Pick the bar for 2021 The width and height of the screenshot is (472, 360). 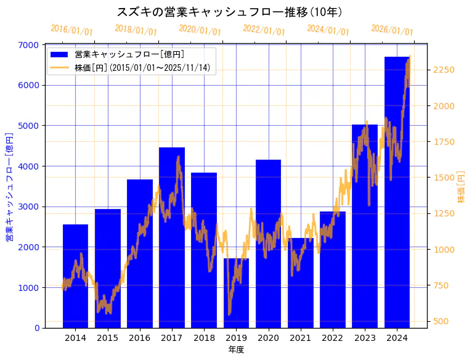(x=300, y=283)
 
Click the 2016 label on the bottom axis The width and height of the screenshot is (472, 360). (x=140, y=338)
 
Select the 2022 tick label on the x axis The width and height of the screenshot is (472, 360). (x=333, y=338)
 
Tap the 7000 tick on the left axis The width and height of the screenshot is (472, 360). (x=32, y=45)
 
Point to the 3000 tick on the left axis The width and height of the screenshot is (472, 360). (x=32, y=207)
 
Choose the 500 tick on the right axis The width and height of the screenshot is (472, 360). (x=441, y=321)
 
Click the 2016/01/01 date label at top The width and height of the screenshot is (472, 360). (x=72, y=30)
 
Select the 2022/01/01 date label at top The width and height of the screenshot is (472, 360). (x=264, y=30)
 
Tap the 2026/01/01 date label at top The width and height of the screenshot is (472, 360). (x=393, y=30)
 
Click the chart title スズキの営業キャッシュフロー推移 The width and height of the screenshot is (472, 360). (x=230, y=12)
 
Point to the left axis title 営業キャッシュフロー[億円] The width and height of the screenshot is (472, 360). (x=9, y=186)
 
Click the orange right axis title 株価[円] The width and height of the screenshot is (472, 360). (x=461, y=187)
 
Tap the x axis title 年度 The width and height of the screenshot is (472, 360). (x=236, y=350)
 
